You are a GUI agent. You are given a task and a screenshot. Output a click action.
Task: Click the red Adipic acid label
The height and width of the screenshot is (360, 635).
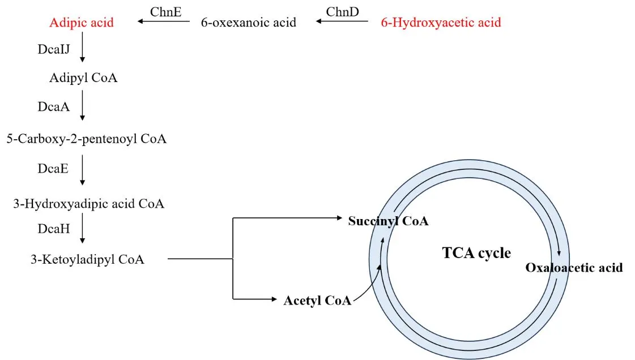pos(82,23)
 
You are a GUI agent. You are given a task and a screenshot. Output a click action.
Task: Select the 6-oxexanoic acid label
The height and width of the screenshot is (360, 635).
pos(249,23)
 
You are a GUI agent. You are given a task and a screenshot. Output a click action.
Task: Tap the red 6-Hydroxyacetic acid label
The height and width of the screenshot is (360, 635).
pos(441,23)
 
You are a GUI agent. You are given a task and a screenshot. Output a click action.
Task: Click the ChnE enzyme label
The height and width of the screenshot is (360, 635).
pos(165,11)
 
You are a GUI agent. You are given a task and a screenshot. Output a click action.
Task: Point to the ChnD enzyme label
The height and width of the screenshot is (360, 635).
pos(342,11)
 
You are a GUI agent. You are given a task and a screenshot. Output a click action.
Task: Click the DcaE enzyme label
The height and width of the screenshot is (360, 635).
pos(53,168)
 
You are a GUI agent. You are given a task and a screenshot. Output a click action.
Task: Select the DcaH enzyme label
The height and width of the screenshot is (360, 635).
pos(53,228)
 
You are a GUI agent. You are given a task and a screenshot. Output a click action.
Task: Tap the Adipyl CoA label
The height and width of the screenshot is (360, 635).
pos(83,78)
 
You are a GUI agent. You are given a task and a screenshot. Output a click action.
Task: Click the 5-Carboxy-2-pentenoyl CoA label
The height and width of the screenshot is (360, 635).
pos(87,139)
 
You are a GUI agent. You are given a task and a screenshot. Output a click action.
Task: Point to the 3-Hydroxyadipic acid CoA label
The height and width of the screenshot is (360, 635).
pos(89,204)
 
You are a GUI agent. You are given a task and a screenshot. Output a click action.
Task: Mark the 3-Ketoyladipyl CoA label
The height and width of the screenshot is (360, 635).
pos(88,260)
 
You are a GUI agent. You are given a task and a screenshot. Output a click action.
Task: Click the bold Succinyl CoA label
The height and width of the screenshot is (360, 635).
pos(388,221)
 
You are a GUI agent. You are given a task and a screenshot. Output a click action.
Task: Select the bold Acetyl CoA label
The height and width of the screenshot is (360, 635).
pos(317,301)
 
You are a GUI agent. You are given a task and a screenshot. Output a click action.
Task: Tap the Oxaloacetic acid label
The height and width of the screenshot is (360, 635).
pos(574,267)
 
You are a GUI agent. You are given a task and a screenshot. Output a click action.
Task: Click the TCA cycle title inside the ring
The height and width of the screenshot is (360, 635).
pos(476,252)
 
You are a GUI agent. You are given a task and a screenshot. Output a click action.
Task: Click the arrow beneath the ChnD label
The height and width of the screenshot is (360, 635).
pos(342,22)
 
